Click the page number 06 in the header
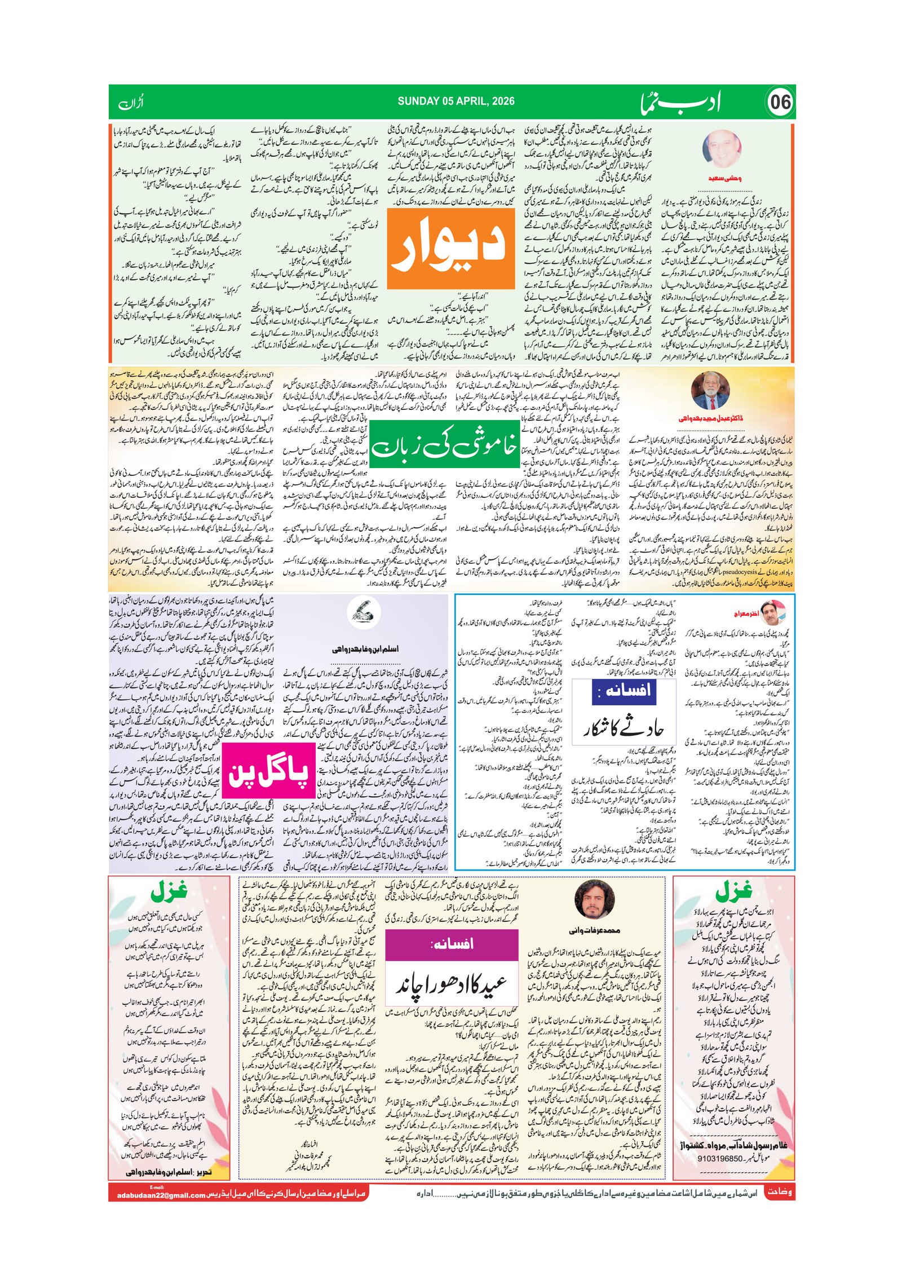tap(780, 103)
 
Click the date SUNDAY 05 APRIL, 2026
tap(456, 101)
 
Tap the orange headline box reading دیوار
tap(451, 249)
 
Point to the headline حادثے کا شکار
tap(624, 728)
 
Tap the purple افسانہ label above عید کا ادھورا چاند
tap(451, 945)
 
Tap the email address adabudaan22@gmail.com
tap(161, 1195)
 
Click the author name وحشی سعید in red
tap(724, 178)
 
